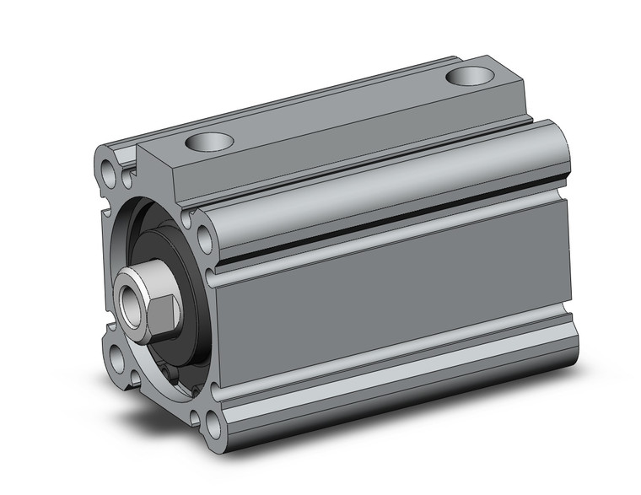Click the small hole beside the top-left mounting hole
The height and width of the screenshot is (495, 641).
point(127,179)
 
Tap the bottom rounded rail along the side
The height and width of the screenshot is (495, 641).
point(396,384)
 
